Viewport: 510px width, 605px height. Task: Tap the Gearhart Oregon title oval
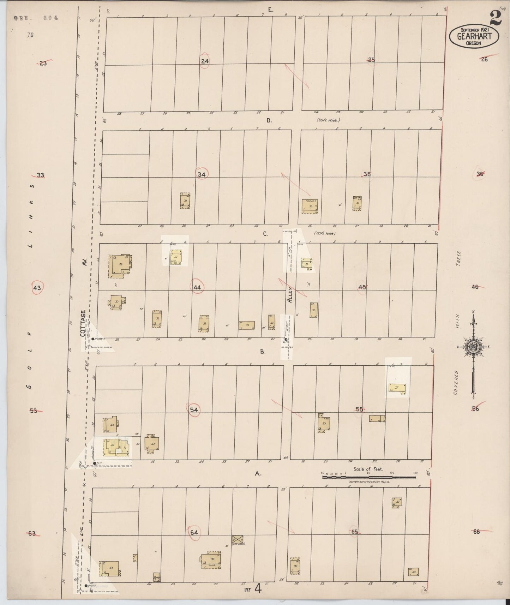coord(474,36)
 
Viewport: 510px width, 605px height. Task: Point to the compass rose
coord(473,347)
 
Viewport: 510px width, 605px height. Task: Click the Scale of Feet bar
coord(369,477)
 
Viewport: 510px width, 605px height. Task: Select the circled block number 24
coord(205,61)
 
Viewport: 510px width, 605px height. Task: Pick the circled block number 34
coord(202,174)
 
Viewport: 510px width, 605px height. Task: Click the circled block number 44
coord(197,287)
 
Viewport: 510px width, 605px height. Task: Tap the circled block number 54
coord(194,409)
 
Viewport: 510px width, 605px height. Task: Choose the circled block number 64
coord(194,532)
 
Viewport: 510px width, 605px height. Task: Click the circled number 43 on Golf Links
coord(37,288)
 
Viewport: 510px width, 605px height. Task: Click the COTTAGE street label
coord(83,323)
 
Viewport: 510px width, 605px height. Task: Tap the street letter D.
coord(269,120)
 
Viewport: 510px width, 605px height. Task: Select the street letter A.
coord(258,474)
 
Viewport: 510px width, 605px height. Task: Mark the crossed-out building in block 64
coord(238,539)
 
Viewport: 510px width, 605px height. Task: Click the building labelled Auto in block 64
coord(157,577)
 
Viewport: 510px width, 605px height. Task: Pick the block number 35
coord(367,174)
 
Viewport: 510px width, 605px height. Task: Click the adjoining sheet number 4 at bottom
coord(258,589)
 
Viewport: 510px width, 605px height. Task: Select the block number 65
coord(354,532)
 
